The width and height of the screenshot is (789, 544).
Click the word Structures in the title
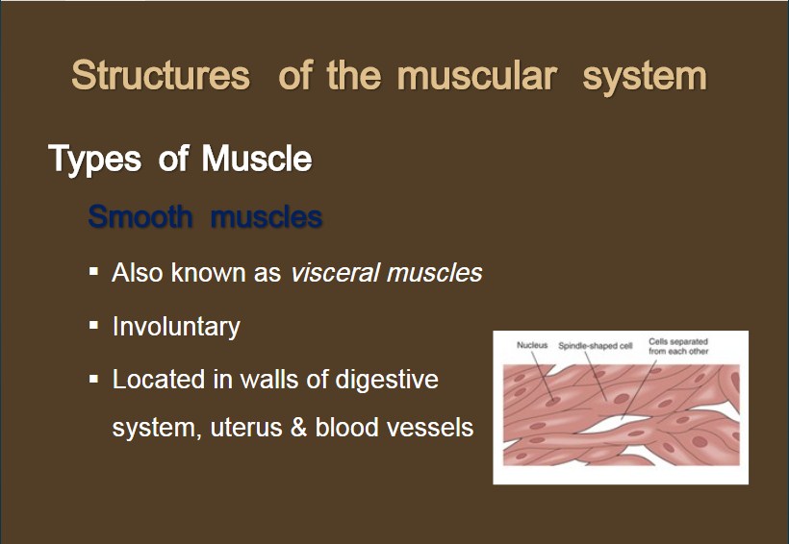point(161,75)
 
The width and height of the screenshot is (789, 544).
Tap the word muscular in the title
point(477,75)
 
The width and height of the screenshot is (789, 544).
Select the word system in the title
point(645,78)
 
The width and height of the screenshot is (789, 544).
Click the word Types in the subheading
point(95,160)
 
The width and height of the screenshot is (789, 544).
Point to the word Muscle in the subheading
point(257,159)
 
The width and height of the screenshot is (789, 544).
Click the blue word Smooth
point(140,216)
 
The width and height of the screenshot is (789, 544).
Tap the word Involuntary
point(176,328)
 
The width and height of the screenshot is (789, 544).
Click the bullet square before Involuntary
point(93,325)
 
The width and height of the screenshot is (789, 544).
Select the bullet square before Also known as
point(93,272)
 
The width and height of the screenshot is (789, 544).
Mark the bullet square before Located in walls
point(93,379)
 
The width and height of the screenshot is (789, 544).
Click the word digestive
point(387,380)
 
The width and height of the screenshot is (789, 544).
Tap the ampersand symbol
point(299,428)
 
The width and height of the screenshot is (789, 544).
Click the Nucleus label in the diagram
point(532,345)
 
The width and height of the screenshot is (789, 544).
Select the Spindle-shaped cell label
point(596,346)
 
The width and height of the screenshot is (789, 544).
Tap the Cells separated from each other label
point(678,346)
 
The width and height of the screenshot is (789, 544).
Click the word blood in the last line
point(346,428)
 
